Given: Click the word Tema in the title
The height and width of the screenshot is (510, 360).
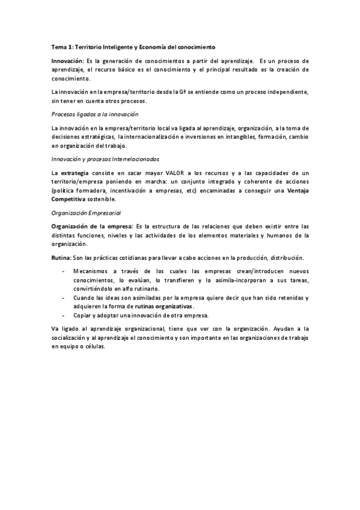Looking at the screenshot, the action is (58, 46).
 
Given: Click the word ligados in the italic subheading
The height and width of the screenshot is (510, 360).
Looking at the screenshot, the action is (84, 114).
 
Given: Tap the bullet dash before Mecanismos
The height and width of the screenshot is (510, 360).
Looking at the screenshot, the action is (64, 272).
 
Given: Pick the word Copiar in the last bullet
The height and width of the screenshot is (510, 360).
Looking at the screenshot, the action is (83, 315).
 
